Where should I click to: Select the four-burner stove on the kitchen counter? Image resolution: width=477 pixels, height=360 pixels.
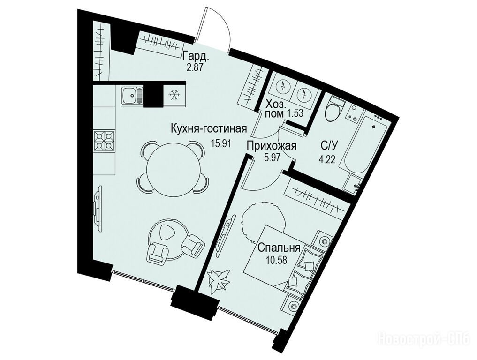coord(105,141)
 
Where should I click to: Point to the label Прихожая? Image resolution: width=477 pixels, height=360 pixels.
coord(272,146)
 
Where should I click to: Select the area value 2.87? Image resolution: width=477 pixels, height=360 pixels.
coord(195,67)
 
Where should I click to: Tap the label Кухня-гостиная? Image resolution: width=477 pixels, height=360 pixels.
coord(208,129)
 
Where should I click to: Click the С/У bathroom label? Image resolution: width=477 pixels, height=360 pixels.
coord(329,146)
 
